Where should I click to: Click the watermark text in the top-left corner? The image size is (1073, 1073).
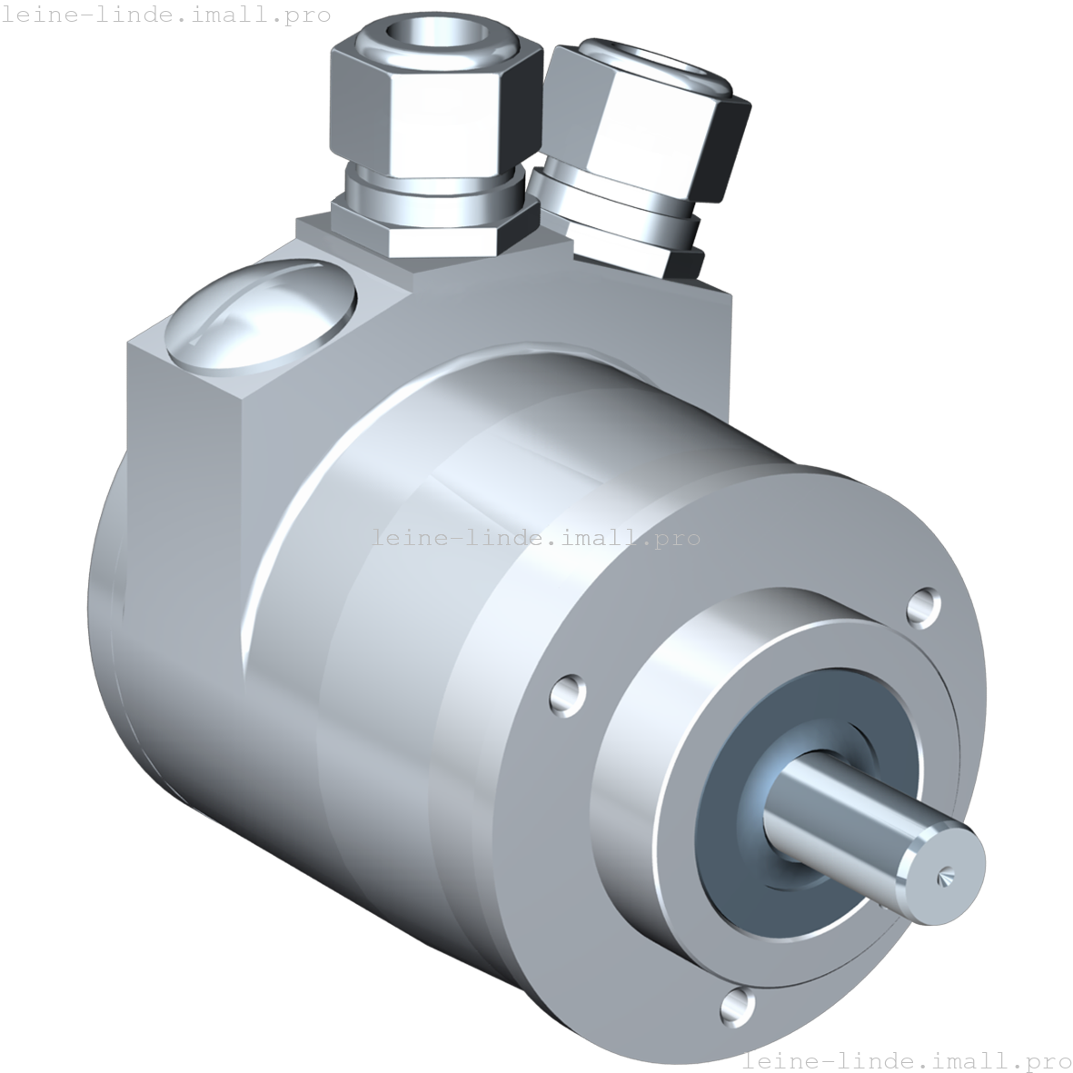click(x=165, y=15)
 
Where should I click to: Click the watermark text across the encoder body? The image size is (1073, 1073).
click(x=536, y=538)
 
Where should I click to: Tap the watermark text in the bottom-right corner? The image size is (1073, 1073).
click(x=907, y=1060)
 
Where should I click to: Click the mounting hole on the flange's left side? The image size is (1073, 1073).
click(x=567, y=691)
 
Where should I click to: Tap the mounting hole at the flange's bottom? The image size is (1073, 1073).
click(x=737, y=1005)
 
